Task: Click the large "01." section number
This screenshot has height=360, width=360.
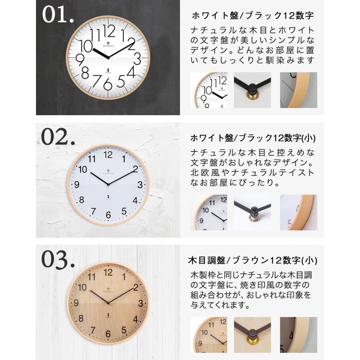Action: [x=58, y=15]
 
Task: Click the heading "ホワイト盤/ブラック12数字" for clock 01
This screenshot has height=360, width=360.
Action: [x=253, y=16]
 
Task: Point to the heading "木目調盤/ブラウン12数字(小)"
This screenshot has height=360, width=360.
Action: [x=252, y=261]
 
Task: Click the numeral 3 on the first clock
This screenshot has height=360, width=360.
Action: [x=137, y=60]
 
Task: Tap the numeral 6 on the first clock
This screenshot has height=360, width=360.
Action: [x=108, y=84]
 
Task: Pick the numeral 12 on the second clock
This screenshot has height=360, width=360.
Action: [x=108, y=154]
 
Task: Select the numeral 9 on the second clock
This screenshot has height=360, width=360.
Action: [x=76, y=185]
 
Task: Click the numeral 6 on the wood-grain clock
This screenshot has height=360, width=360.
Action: [x=108, y=334]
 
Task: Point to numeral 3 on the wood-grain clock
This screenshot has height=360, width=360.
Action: [x=140, y=303]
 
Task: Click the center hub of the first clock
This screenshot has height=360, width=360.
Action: [x=108, y=58]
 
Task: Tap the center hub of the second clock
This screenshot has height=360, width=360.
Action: [x=108, y=184]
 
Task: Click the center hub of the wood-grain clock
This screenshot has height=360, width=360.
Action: [x=108, y=303]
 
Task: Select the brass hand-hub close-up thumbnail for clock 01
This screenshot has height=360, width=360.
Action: [x=252, y=90]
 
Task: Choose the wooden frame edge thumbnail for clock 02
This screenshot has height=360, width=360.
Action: [x=298, y=212]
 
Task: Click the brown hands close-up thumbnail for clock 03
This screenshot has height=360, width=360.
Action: [x=252, y=335]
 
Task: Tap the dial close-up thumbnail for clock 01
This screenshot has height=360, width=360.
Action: [x=208, y=90]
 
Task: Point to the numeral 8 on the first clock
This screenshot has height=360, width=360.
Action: [x=85, y=73]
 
